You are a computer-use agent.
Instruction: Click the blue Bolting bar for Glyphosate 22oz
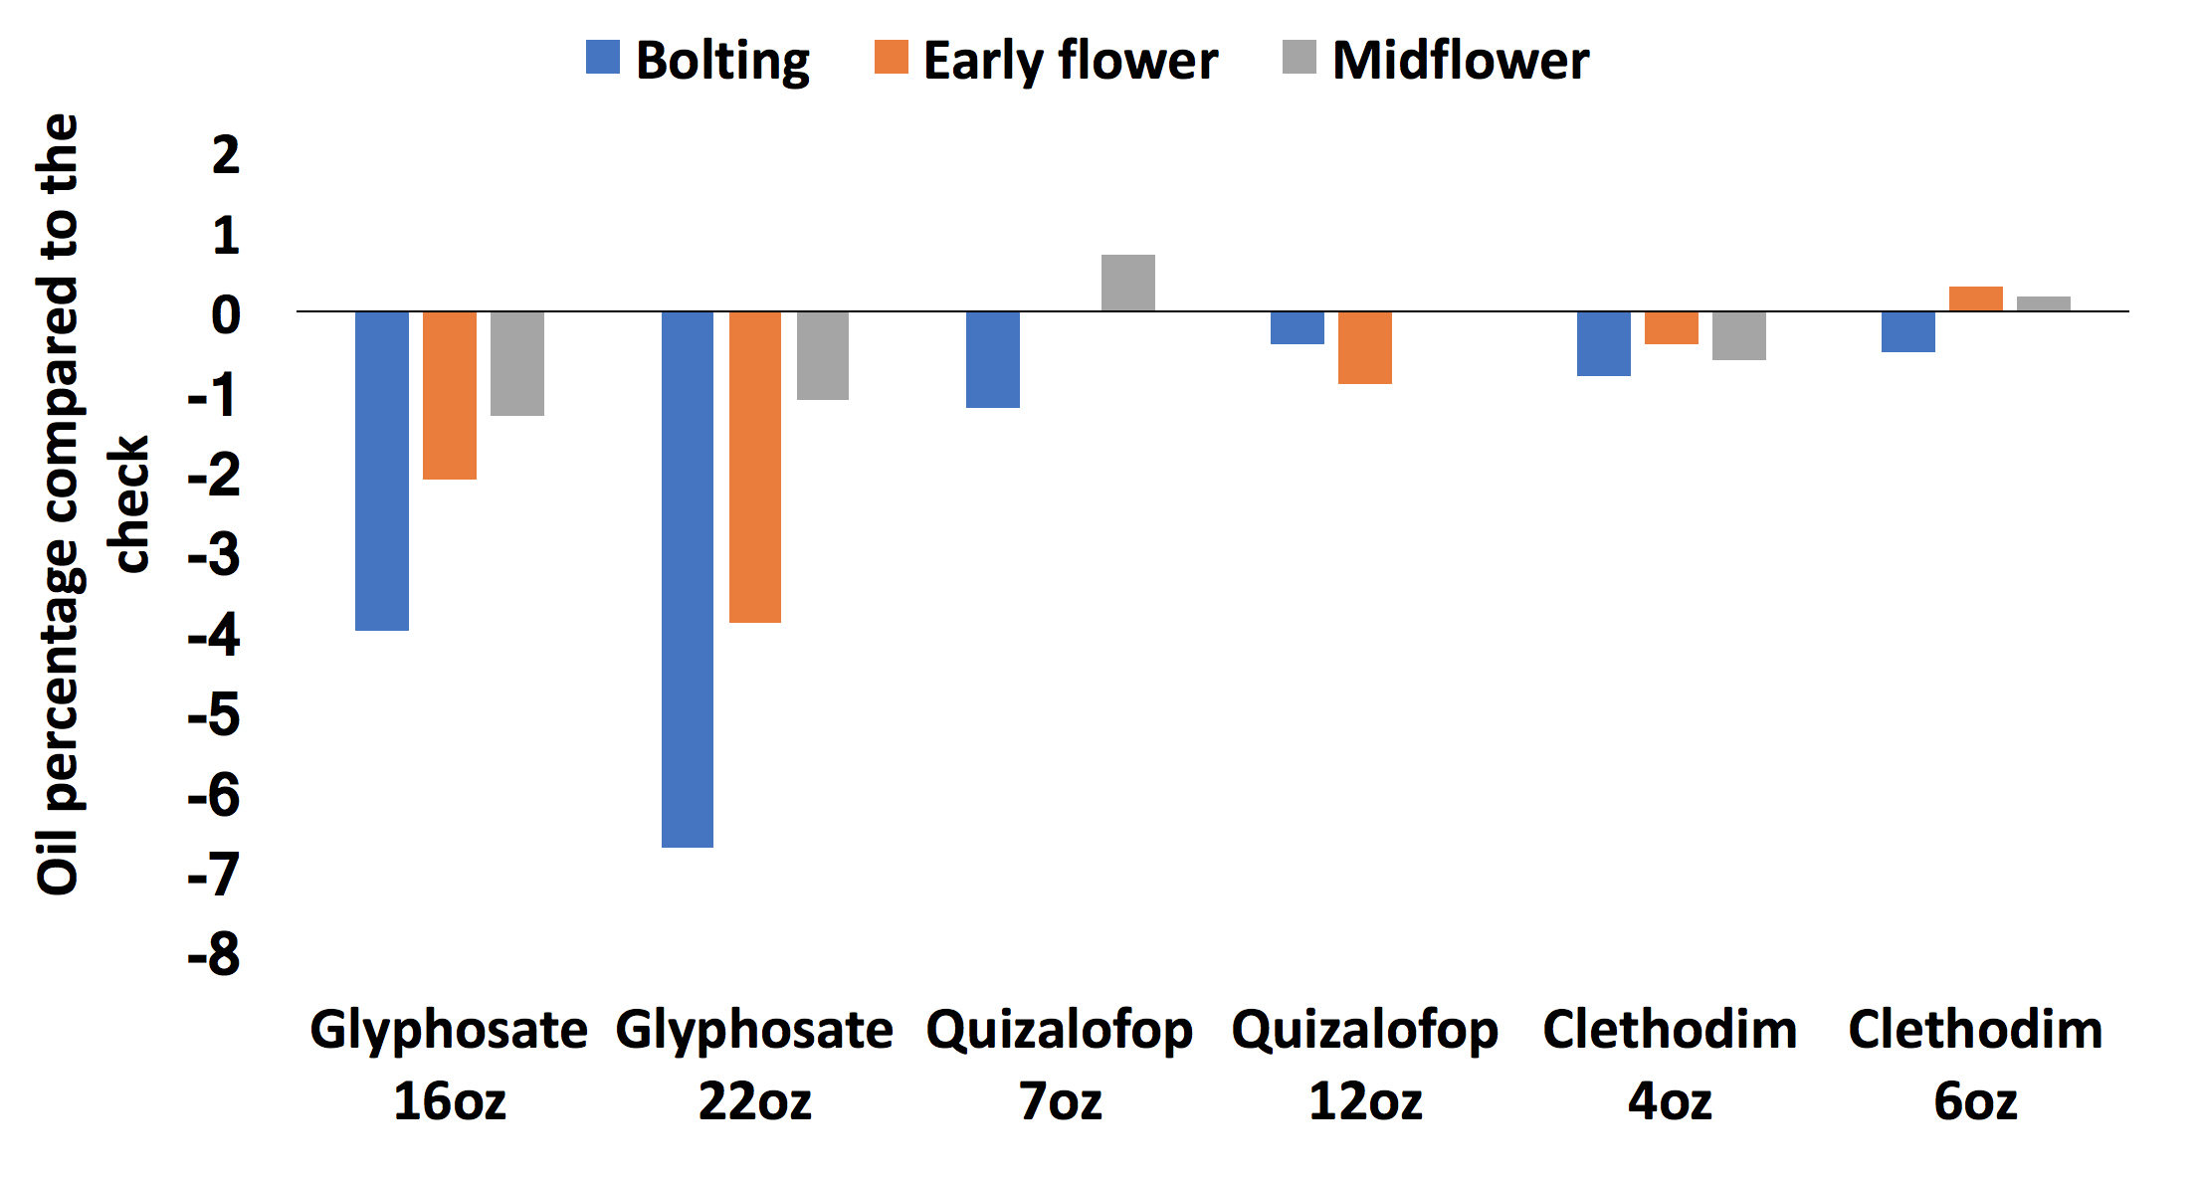(x=688, y=579)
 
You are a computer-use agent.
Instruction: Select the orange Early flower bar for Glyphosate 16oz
(x=450, y=395)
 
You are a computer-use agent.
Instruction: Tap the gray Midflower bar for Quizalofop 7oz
(x=1128, y=284)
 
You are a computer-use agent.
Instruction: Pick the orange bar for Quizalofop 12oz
(x=1365, y=347)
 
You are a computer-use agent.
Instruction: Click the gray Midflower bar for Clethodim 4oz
(x=1739, y=335)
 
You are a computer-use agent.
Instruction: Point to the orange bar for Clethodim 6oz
(x=1976, y=299)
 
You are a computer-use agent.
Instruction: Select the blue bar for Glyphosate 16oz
(x=382, y=471)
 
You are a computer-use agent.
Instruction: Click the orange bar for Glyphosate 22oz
(x=755, y=467)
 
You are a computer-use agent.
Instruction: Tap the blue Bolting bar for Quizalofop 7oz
(x=993, y=359)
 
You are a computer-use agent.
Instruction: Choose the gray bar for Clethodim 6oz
(x=2044, y=304)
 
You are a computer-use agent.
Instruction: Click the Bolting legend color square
(x=603, y=58)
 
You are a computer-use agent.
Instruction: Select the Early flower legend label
(x=1070, y=60)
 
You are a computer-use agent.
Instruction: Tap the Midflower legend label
(x=1460, y=60)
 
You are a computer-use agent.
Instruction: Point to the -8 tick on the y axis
(x=214, y=954)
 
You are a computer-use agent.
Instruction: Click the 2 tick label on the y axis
(x=226, y=155)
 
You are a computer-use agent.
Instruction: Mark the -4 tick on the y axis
(x=214, y=635)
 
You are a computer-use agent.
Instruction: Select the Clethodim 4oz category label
(x=1670, y=1065)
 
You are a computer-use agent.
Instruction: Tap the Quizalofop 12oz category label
(x=1365, y=1065)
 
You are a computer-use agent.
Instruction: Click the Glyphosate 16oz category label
(x=450, y=1065)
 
